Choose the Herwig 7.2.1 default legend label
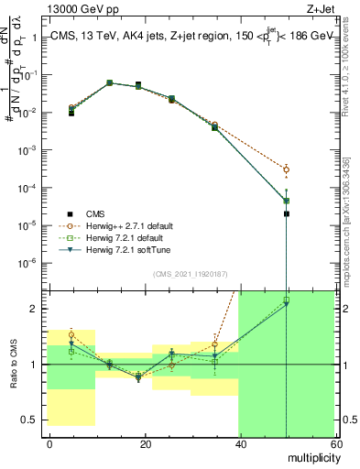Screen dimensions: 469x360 coord(125,237)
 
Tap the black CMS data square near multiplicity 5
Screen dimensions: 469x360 coord(71,113)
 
